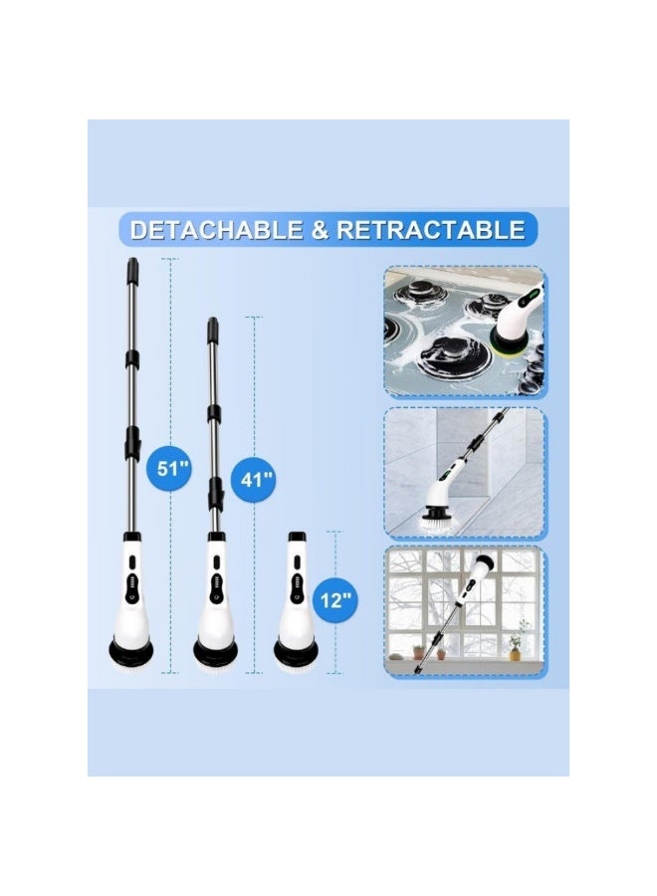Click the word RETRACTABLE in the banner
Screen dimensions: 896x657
430,230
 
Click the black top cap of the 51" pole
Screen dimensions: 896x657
132,267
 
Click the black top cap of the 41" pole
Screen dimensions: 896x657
212,327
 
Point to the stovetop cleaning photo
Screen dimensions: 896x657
464,331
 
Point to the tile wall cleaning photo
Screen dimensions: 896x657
464,470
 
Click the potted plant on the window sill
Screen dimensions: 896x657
515,642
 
